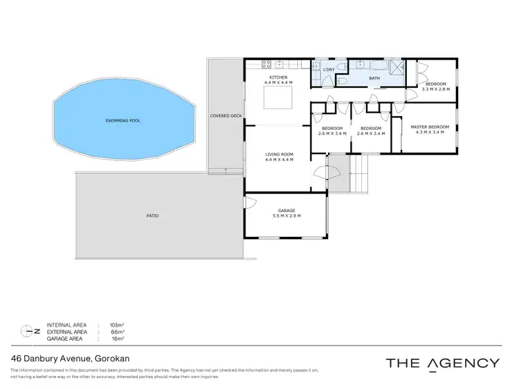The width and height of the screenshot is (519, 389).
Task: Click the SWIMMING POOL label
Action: pyautogui.click(x=122, y=120)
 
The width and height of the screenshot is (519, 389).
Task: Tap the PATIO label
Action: pyautogui.click(x=153, y=216)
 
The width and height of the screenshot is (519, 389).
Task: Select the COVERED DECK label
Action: pyautogui.click(x=226, y=115)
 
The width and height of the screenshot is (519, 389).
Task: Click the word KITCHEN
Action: pyautogui.click(x=279, y=77)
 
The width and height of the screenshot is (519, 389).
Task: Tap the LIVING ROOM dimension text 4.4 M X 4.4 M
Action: pyautogui.click(x=280, y=160)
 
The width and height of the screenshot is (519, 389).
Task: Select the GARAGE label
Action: pyautogui.click(x=286, y=210)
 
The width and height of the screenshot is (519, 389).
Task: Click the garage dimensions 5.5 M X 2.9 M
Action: pyautogui.click(x=286, y=216)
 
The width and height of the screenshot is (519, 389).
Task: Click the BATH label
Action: pyautogui.click(x=374, y=78)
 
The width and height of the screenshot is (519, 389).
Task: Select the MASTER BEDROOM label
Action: pyautogui.click(x=430, y=126)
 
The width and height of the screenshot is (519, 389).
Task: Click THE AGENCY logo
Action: pyautogui.click(x=442, y=363)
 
